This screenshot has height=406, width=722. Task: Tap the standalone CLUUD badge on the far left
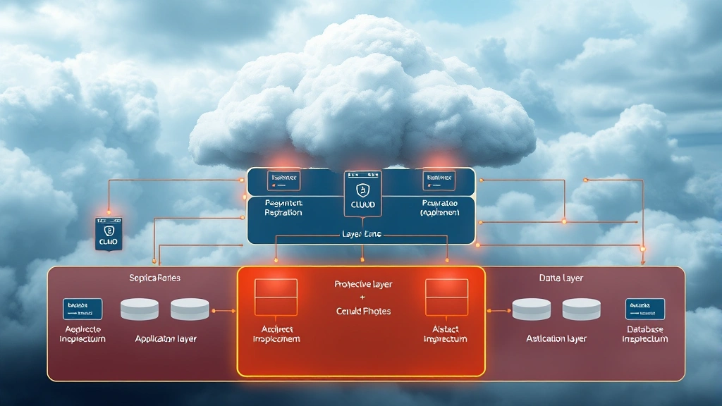coord(109,234)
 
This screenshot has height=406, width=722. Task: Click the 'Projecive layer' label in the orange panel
coord(363,285)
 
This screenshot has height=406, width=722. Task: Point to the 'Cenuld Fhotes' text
coord(363,311)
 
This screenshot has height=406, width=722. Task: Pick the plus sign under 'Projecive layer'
coord(363,298)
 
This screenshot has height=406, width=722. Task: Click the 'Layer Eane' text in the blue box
coord(361,234)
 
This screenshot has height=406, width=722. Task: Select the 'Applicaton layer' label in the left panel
coord(166,339)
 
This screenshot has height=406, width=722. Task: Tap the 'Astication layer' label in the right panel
coord(556,339)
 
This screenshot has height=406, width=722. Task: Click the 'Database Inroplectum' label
coord(644,334)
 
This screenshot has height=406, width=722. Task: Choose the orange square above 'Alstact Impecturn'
coord(446,297)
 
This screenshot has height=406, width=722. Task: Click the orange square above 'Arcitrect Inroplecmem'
coord(276,297)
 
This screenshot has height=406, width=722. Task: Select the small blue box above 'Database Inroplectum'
coord(644,309)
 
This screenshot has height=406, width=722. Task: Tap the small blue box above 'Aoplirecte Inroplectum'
coord(82,309)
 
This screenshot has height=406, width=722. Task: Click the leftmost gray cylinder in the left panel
coord(140,309)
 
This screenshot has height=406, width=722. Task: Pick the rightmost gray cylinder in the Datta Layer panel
coord(581,309)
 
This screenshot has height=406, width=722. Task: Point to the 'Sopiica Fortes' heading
coord(154,278)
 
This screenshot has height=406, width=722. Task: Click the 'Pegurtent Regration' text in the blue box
coord(283,207)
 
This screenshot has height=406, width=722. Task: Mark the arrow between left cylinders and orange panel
coord(224,310)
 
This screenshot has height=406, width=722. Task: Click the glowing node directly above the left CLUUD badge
coord(109,211)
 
